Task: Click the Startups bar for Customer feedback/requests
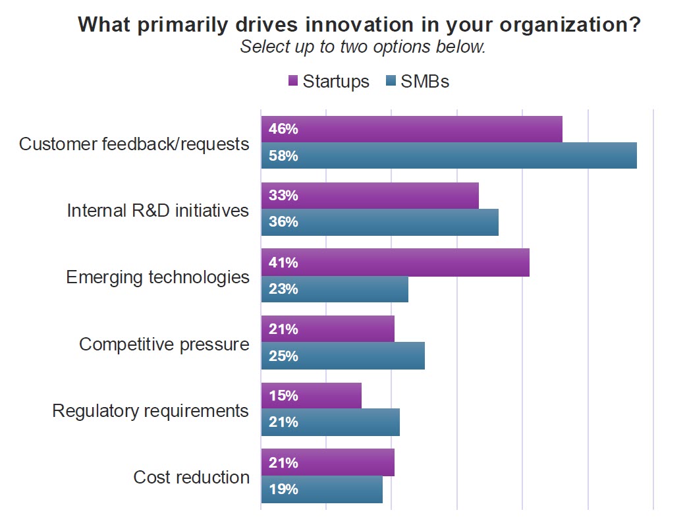click(412, 129)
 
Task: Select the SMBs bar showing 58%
click(449, 155)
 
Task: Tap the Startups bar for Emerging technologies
click(395, 262)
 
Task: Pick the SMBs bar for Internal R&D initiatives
click(379, 222)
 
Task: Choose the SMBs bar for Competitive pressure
click(343, 356)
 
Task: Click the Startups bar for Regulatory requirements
click(311, 396)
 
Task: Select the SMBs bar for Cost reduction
click(321, 489)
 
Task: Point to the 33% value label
click(283, 196)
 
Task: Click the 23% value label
click(283, 289)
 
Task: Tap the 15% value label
click(283, 396)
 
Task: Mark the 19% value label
click(283, 489)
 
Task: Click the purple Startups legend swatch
click(294, 82)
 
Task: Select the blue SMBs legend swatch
click(389, 82)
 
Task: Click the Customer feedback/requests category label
click(134, 144)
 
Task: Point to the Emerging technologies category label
click(158, 277)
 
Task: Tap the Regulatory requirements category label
click(151, 411)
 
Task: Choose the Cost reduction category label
click(192, 478)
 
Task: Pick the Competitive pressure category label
click(165, 344)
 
